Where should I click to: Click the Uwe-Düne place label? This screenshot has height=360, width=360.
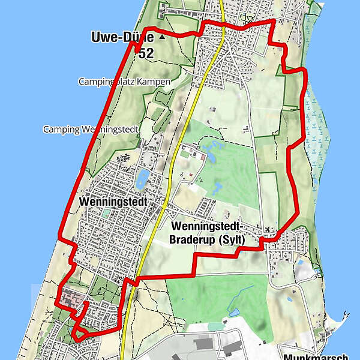[x=121, y=37]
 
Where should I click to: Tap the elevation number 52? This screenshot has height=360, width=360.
[x=145, y=53]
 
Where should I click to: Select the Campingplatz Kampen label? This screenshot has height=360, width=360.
[x=124, y=81]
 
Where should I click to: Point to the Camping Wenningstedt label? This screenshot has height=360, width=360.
[x=91, y=129]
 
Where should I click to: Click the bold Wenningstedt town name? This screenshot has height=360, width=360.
[x=112, y=202]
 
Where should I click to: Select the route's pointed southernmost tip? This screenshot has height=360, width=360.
[x=77, y=340]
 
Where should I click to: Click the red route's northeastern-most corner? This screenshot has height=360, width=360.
[x=274, y=20]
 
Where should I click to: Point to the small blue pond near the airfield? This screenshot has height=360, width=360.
[x=234, y=311]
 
